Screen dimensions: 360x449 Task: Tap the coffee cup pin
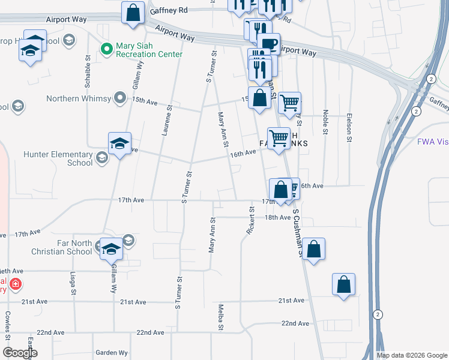pos(268,43)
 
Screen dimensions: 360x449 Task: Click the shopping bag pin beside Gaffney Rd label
pos(133,12)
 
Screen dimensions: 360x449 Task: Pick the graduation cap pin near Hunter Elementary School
pos(119,144)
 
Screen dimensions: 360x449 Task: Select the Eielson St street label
pos(349,128)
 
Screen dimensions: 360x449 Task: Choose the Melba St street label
pos(221,317)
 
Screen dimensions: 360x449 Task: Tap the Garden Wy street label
pos(111,353)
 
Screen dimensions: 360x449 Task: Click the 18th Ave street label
pos(278,217)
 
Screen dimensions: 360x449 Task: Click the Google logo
pos(20,353)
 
